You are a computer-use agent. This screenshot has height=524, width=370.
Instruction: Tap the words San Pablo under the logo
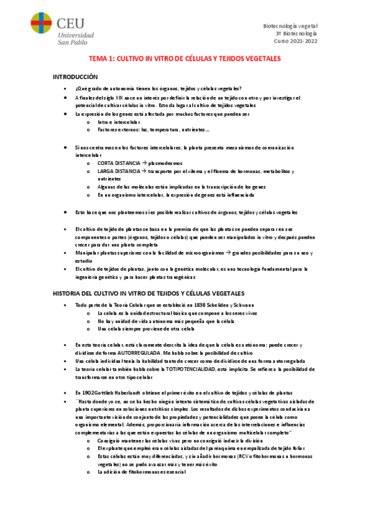76,42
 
